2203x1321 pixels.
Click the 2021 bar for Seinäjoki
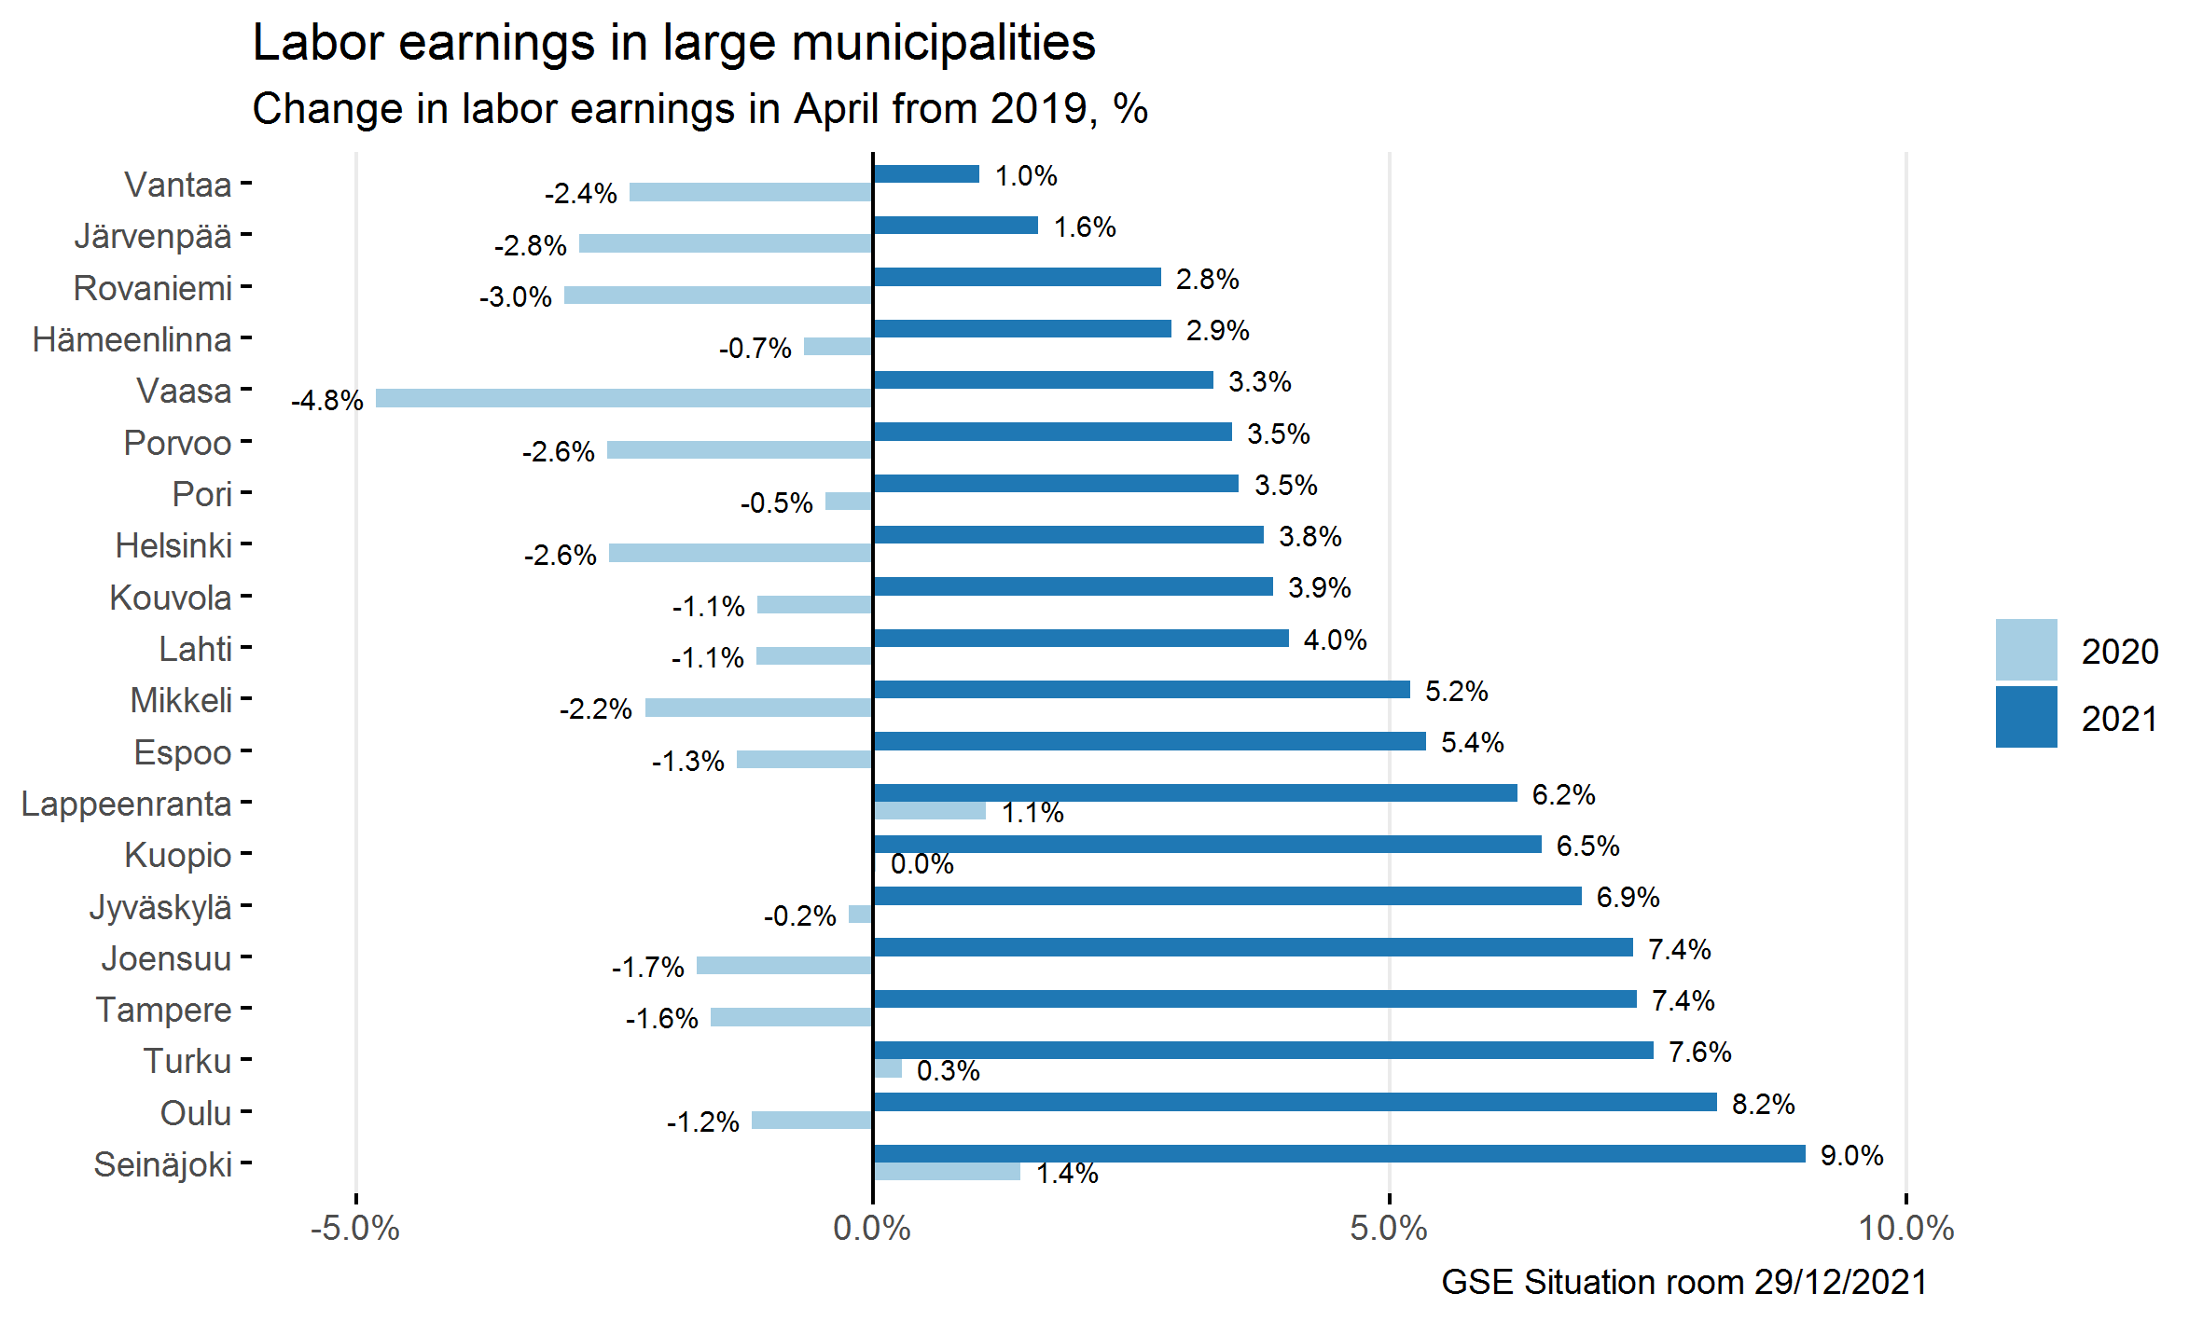[x=1338, y=1154]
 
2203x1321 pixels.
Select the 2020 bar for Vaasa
[x=624, y=399]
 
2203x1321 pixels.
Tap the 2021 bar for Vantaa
[x=926, y=174]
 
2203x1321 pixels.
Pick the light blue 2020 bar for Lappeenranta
[x=930, y=811]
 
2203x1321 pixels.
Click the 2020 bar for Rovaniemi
[x=718, y=296]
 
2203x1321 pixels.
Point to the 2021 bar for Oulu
[x=1295, y=1103]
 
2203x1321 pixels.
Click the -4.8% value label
[x=326, y=401]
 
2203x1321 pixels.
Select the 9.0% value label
[x=1851, y=1156]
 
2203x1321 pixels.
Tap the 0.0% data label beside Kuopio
[x=921, y=864]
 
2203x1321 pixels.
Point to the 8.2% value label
[x=1763, y=1105]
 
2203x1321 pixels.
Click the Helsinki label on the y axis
[x=173, y=545]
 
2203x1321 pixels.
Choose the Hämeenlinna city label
[x=132, y=339]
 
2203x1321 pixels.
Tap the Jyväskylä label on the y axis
[x=160, y=907]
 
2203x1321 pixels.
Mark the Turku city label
[x=187, y=1061]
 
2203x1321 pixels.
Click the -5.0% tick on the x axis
[x=355, y=1229]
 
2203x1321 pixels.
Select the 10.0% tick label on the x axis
[x=1906, y=1229]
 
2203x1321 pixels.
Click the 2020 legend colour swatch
[x=2026, y=650]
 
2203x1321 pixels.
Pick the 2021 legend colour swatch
[x=2026, y=717]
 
